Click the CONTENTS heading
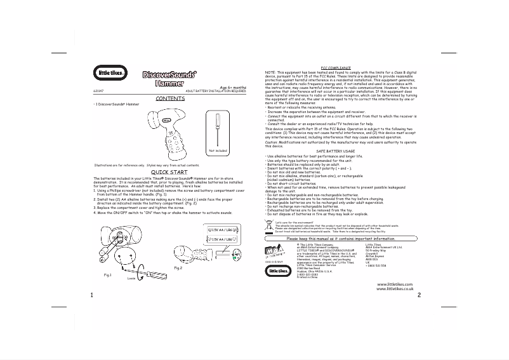pos(169,98)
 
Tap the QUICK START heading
pos(169,172)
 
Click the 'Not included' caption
pos(217,150)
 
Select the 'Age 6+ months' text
pos(232,88)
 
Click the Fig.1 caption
pos(108,274)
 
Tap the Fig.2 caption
pos(178,269)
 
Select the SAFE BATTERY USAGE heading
pos(335,151)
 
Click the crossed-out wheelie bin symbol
pos(269,225)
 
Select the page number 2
pos(419,295)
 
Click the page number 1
pos(93,295)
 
